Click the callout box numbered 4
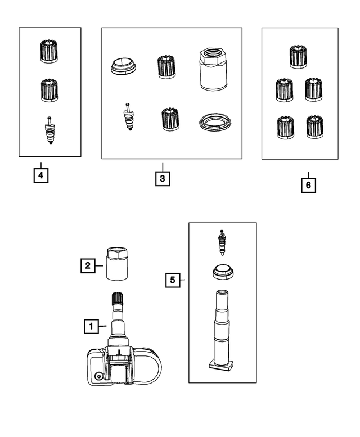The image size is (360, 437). [x=41, y=175]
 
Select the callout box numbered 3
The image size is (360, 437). [x=163, y=178]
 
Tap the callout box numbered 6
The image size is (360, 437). [x=308, y=185]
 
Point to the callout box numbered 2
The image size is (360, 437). [x=88, y=265]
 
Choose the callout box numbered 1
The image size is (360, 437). [x=91, y=326]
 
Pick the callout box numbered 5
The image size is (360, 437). [x=173, y=280]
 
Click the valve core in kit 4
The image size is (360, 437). [x=49, y=130]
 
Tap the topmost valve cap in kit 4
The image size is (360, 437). [x=49, y=51]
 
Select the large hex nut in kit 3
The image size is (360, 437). [x=213, y=69]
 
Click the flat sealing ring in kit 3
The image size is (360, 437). [x=215, y=122]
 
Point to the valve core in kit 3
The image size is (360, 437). [x=129, y=116]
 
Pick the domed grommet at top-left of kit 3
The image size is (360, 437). [x=124, y=66]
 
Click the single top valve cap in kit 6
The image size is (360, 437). [x=298, y=57]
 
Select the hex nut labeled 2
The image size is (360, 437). [x=117, y=264]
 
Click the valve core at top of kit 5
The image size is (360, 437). [x=222, y=243]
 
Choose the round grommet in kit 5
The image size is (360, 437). [x=223, y=272]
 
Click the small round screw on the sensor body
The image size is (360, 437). [x=98, y=376]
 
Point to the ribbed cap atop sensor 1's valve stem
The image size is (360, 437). [x=118, y=299]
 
